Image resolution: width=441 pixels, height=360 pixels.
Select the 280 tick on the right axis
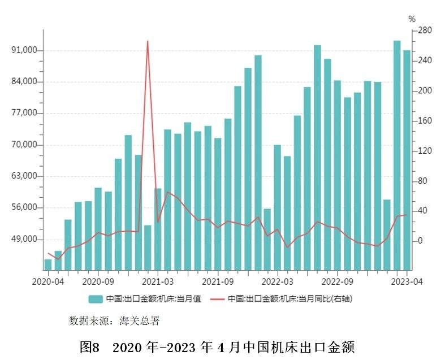(425, 31)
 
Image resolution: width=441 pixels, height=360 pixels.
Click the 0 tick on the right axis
(420, 241)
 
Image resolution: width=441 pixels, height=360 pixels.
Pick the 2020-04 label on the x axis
(47, 280)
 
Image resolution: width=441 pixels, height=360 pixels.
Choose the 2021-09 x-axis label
(218, 280)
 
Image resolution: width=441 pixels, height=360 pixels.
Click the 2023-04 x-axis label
(407, 280)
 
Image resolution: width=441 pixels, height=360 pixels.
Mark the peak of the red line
(148, 41)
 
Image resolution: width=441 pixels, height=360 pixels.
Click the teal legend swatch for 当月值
(95, 298)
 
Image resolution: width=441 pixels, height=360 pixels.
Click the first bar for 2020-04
(48, 264)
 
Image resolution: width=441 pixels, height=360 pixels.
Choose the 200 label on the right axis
(425, 90)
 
